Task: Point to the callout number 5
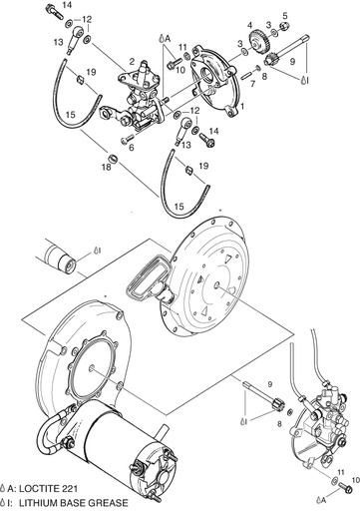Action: coord(285,14)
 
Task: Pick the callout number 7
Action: coord(253,84)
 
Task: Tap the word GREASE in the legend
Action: coord(110,503)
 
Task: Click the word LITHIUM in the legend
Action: coord(42,503)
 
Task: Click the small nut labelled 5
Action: coord(285,28)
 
